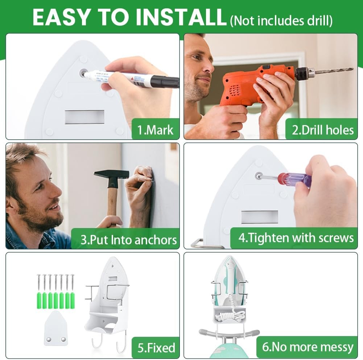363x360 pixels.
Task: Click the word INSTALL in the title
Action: (x=181, y=18)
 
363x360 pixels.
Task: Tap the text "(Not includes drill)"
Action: (x=281, y=21)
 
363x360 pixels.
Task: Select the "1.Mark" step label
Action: (x=155, y=130)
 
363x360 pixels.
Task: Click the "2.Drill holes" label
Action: (x=323, y=130)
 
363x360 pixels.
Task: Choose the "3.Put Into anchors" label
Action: (x=129, y=240)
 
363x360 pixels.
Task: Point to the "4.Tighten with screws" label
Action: (x=296, y=238)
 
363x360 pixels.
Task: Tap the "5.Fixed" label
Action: (x=156, y=348)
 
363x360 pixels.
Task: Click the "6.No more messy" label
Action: (x=308, y=347)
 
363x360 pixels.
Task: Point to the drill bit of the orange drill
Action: (x=334, y=71)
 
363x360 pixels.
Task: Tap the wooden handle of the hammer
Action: (x=112, y=204)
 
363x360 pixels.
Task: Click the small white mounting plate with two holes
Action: (x=55, y=328)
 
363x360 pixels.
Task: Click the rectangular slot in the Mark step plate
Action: (x=84, y=117)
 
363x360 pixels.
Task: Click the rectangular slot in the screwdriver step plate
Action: (x=260, y=217)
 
